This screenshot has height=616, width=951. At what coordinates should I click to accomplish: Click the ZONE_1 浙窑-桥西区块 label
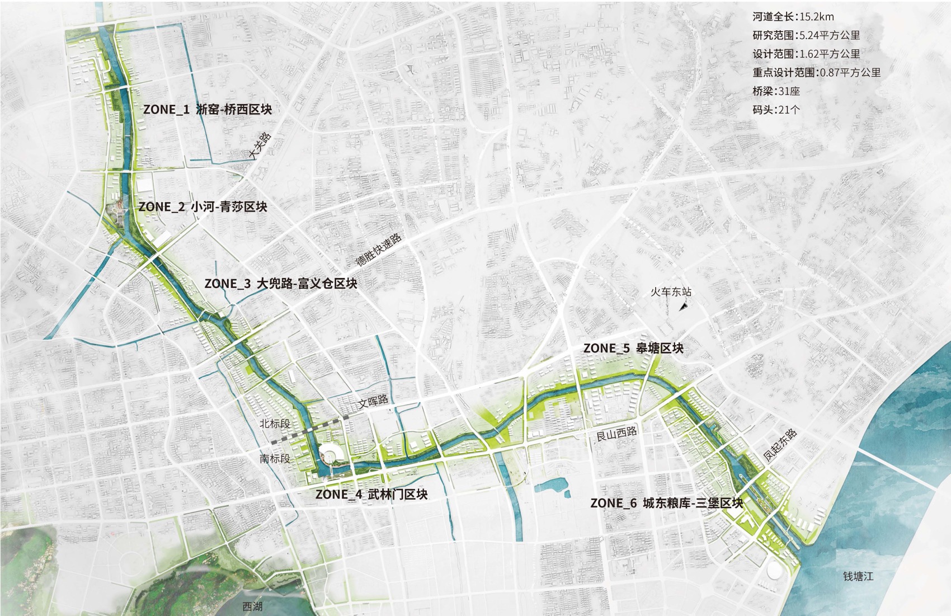pyautogui.click(x=208, y=109)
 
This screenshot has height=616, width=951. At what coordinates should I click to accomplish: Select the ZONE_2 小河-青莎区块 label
pyautogui.click(x=203, y=206)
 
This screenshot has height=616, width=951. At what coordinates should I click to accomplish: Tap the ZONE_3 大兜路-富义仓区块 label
pyautogui.click(x=280, y=283)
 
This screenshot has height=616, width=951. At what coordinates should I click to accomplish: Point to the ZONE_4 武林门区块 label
pyautogui.click(x=371, y=494)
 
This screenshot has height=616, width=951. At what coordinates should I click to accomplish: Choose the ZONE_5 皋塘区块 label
pyautogui.click(x=633, y=348)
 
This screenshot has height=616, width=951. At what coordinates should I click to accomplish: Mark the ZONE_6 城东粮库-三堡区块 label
pyautogui.click(x=666, y=503)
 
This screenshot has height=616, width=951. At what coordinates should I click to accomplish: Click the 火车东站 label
pyautogui.click(x=671, y=291)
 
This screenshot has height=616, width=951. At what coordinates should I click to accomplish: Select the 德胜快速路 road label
pyautogui.click(x=379, y=250)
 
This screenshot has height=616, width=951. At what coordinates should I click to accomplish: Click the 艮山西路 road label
pyautogui.click(x=616, y=432)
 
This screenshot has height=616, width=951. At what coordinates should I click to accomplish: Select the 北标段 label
pyautogui.click(x=275, y=424)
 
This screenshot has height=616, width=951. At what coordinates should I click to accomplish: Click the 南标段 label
pyautogui.click(x=275, y=458)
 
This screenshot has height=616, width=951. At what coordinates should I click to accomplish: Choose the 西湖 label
pyautogui.click(x=252, y=606)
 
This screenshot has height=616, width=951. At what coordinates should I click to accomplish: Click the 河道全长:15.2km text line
pyautogui.click(x=793, y=17)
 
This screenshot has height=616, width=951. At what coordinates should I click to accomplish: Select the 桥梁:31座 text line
pyautogui.click(x=776, y=91)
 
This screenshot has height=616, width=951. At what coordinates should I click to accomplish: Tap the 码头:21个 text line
pyautogui.click(x=776, y=109)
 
